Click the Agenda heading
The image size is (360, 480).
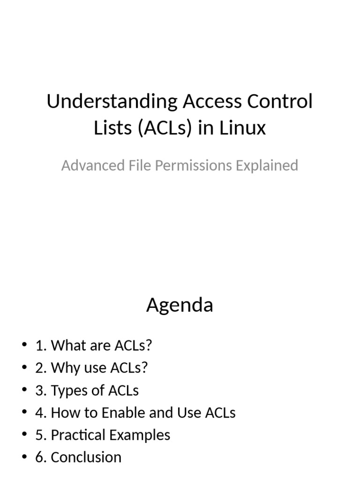(180, 306)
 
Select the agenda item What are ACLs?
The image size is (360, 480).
(94, 345)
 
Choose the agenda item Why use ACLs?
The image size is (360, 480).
(91, 368)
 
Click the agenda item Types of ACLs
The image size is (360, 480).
(87, 390)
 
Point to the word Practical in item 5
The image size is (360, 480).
(79, 435)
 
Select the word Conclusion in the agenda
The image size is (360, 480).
(86, 457)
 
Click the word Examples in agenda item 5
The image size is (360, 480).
(141, 435)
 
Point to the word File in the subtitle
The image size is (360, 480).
(137, 165)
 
